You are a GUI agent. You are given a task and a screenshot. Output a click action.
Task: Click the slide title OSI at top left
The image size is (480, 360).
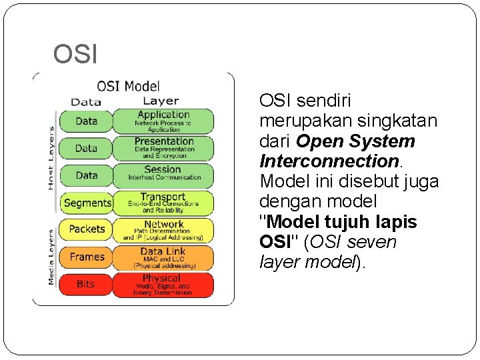click(75, 55)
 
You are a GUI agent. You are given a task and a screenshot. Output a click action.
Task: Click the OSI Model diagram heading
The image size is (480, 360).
click(129, 85)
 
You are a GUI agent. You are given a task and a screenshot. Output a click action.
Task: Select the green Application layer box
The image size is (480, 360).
click(163, 121)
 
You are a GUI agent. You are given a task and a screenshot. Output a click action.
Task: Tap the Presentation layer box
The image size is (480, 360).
click(163, 148)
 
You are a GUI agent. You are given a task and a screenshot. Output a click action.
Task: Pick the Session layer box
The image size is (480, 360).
click(163, 175)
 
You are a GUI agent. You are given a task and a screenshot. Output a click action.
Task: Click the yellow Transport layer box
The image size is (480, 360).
click(163, 203)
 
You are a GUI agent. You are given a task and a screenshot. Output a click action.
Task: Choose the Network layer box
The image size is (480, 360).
click(163, 230)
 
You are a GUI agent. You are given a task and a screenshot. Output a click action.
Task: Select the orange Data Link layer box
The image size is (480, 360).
click(163, 257)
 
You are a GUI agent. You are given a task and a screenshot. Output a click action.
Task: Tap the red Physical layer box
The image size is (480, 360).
click(163, 285)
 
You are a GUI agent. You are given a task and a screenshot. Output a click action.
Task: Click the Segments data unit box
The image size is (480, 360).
click(87, 203)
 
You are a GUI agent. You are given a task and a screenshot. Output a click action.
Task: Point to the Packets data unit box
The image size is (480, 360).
click(87, 229)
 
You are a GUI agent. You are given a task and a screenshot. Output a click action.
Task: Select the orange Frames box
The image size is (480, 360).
click(87, 257)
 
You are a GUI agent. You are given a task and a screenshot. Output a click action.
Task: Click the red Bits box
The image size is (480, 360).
click(87, 285)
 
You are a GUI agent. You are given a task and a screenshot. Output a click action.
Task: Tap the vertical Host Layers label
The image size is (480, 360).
click(51, 158)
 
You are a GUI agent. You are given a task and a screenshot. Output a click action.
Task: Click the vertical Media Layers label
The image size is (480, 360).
click(51, 257)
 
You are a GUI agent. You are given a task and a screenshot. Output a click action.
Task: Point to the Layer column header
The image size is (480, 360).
click(161, 101)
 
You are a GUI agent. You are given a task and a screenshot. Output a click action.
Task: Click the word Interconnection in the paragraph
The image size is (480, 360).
click(328, 161)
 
